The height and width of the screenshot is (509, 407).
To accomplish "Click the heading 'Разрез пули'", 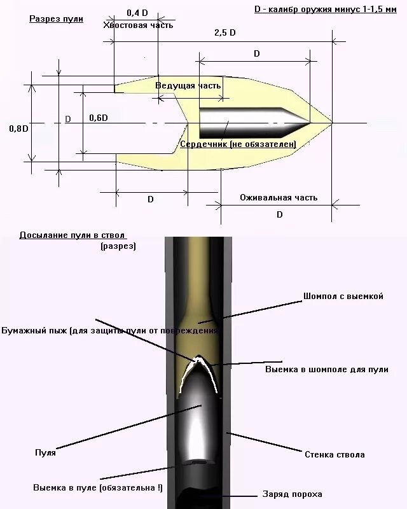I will (56, 18).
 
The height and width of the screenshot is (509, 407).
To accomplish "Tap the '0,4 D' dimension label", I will (137, 13).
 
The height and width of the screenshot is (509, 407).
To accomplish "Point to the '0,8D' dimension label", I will (18, 128).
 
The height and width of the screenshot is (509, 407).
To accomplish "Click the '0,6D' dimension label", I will (99, 118).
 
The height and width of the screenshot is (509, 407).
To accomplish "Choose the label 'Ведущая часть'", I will (188, 85).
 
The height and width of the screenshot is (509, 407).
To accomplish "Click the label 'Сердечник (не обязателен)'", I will (238, 144).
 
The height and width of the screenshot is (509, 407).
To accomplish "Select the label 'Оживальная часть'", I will (278, 198).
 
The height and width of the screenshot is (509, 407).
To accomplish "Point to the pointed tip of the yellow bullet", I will (329, 122).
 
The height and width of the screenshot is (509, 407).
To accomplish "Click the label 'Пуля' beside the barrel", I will (45, 453).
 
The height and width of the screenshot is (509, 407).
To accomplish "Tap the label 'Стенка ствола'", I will (335, 455).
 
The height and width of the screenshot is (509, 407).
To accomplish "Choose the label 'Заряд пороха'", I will (293, 494).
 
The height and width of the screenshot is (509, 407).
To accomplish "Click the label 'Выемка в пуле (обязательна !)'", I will (97, 487).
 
